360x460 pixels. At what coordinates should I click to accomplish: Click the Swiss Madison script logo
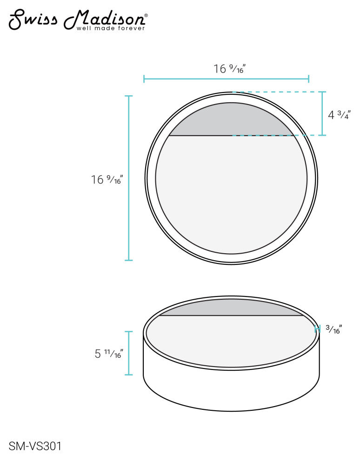pos(77,20)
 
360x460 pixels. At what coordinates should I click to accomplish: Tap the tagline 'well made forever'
pos(111,28)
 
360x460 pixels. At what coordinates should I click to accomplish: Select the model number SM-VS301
pos(35,446)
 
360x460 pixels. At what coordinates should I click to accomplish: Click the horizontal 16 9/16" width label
pos(229,69)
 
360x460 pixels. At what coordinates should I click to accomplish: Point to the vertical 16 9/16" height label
pos(107,179)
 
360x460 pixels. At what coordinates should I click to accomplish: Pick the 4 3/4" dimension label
pos(339,114)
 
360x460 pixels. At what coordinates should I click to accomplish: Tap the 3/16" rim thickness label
pos(334,329)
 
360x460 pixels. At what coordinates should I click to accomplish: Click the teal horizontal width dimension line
pos(226,79)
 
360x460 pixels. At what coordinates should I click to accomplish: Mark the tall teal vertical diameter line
pos(129,178)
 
